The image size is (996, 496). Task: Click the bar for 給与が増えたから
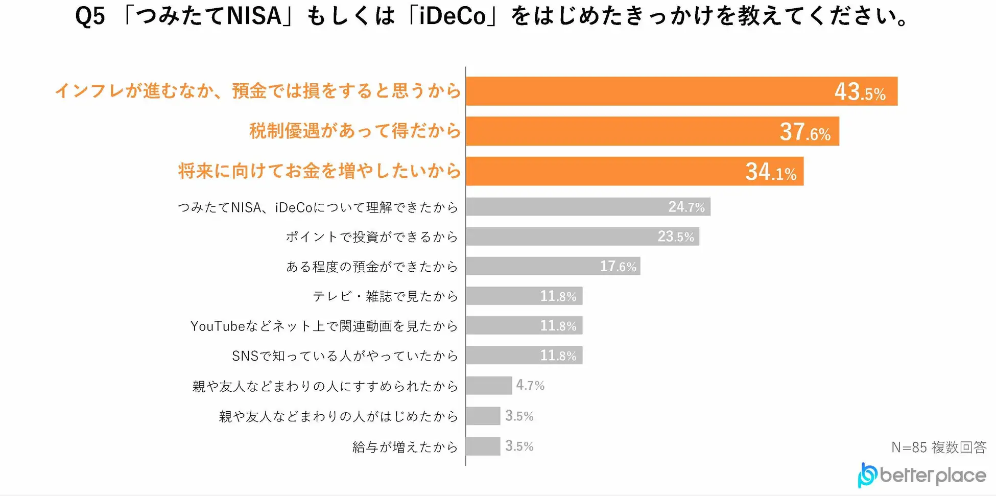[x=483, y=446]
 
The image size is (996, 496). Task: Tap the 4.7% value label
[x=530, y=385]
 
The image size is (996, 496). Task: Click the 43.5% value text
[x=860, y=92]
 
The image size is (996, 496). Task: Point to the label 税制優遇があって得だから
[x=355, y=131]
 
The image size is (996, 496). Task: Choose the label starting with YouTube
[x=324, y=326]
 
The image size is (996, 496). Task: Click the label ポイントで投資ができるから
[x=371, y=237]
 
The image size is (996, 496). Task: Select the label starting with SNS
[x=345, y=356]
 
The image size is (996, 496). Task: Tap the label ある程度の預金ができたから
[x=371, y=266]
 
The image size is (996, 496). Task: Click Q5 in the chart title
[x=90, y=16]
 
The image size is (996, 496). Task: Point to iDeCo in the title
[x=453, y=16]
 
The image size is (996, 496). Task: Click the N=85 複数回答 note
[x=938, y=447]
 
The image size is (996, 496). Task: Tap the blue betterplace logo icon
[x=867, y=475]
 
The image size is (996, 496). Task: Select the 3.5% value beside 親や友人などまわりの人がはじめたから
[x=519, y=416]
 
